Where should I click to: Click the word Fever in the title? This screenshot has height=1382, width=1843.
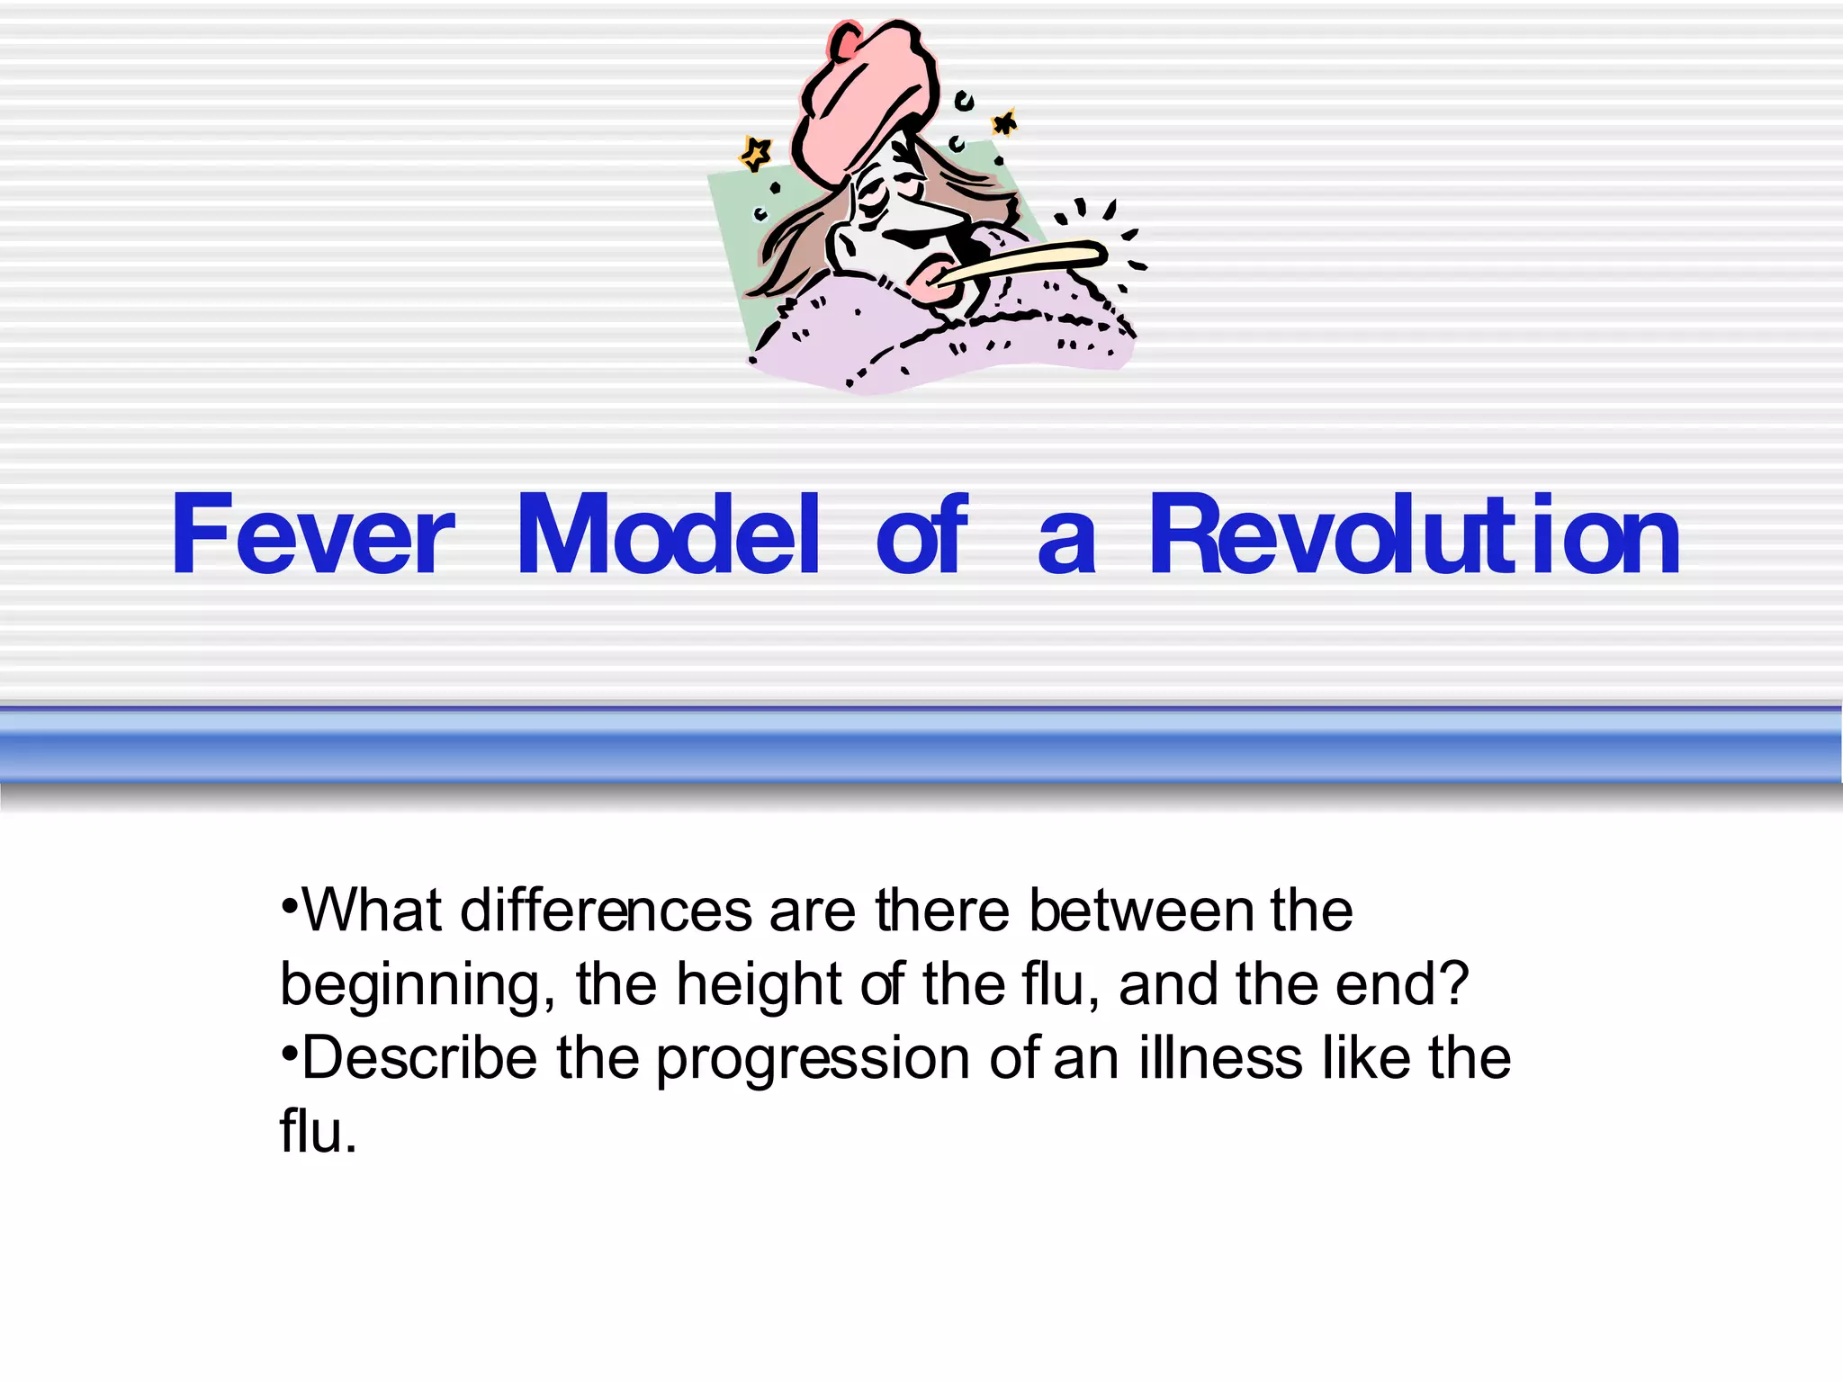(x=312, y=536)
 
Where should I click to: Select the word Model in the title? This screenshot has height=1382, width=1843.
(x=668, y=536)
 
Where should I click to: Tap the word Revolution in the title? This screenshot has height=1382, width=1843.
(x=1414, y=536)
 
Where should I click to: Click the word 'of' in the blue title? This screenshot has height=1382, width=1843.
(x=921, y=536)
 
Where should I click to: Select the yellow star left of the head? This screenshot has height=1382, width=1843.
(x=755, y=154)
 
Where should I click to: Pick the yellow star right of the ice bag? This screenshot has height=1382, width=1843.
(x=1004, y=123)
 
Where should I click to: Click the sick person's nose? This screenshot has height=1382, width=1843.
(x=945, y=216)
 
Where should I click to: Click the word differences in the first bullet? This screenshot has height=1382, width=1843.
(x=606, y=911)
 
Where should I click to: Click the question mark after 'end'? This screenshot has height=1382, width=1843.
(x=1453, y=984)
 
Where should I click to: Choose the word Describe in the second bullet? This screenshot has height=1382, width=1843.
(x=418, y=1058)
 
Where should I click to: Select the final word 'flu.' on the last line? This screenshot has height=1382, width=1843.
(x=318, y=1132)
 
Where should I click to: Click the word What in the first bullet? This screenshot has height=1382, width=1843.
(x=372, y=911)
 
